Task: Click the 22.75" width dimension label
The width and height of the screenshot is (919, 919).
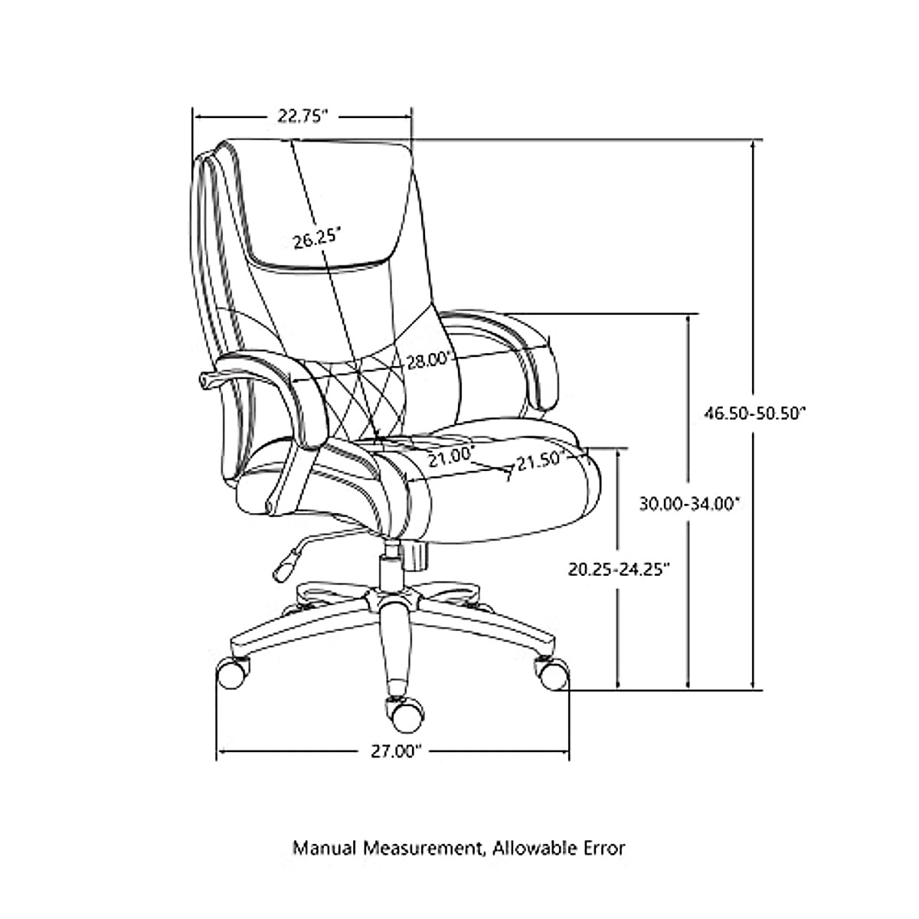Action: (x=303, y=116)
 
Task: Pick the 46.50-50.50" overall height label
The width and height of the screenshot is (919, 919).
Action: (x=756, y=413)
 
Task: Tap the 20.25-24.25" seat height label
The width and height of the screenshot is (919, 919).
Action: (x=619, y=568)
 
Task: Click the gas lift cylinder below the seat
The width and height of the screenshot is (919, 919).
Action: (x=391, y=567)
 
